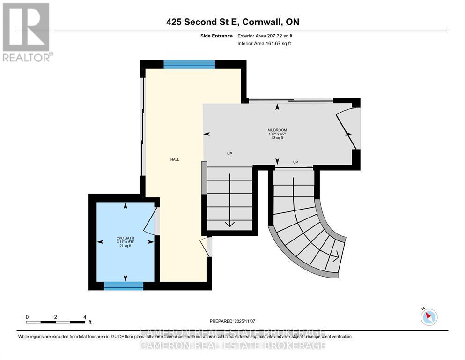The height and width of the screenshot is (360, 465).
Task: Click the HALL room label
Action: pos(174,159)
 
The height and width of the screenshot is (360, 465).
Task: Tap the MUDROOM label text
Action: pos(277,130)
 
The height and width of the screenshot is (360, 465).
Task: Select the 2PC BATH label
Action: pos(125,238)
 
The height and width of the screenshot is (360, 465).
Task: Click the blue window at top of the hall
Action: pos(189,65)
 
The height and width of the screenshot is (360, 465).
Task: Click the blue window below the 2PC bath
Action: pos(124,285)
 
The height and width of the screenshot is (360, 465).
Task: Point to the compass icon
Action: pos(429,317)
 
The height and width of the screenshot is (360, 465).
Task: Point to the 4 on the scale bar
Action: pos(85,317)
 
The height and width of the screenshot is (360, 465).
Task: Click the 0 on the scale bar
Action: pos(27,317)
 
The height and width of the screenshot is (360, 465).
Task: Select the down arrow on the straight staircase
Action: pos(229,223)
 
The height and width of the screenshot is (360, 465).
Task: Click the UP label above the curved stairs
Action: pos(295,162)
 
